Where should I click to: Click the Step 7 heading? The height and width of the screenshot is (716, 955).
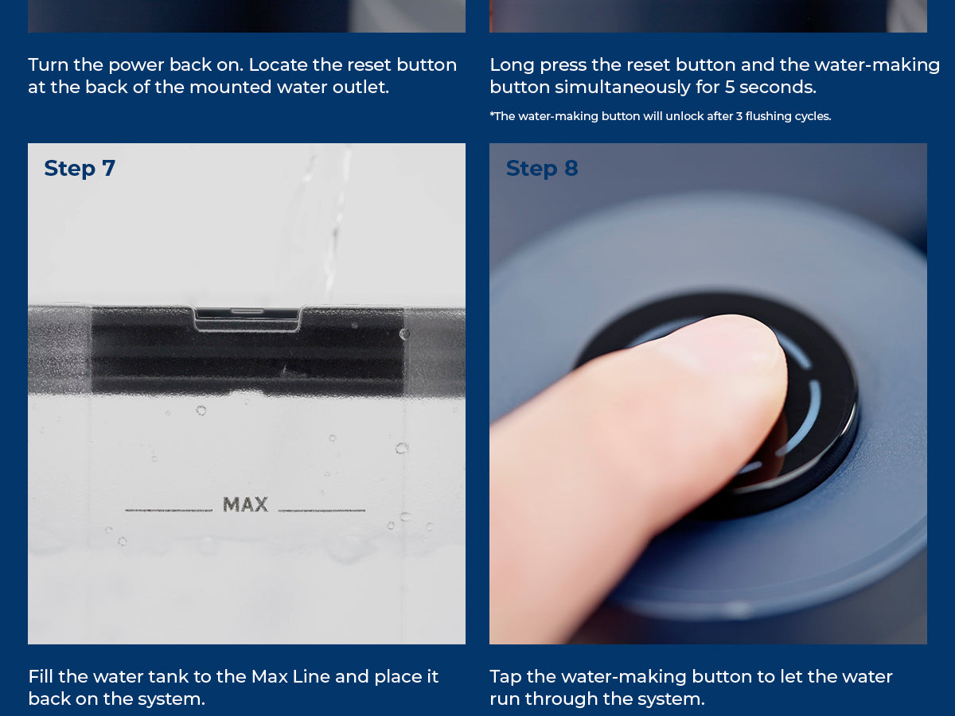pos(80,169)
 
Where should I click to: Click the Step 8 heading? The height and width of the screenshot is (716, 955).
pos(542,169)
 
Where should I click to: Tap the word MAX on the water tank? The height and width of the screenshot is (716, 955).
pos(245,504)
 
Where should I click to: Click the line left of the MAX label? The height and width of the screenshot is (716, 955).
pos(169,510)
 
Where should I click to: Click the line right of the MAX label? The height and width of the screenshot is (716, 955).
pos(322,510)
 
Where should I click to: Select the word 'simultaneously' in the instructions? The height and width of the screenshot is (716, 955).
pos(622,88)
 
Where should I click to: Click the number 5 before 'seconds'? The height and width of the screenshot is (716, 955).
pos(730,88)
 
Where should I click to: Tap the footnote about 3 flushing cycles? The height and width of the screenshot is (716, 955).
pos(661,116)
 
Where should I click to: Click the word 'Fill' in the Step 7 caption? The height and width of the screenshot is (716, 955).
pos(41,677)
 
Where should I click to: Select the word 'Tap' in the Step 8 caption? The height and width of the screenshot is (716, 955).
pos(505,677)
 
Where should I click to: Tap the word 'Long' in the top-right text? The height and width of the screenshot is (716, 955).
pos(512,66)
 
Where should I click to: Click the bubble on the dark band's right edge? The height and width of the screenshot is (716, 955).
pos(404,334)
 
